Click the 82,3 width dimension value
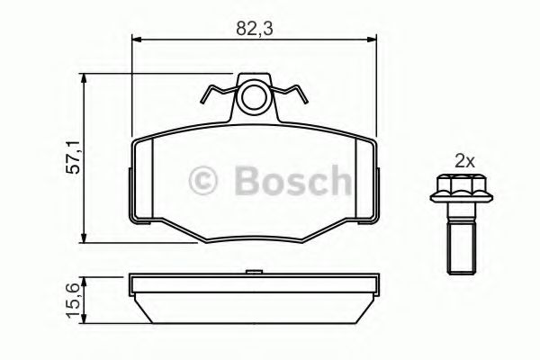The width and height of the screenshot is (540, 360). click(x=254, y=29)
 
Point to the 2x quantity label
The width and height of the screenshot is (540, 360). click(x=463, y=162)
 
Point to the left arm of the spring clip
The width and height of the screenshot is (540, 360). click(x=217, y=92)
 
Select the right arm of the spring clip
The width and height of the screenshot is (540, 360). click(x=293, y=92)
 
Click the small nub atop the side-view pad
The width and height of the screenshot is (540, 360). click(x=255, y=270)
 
